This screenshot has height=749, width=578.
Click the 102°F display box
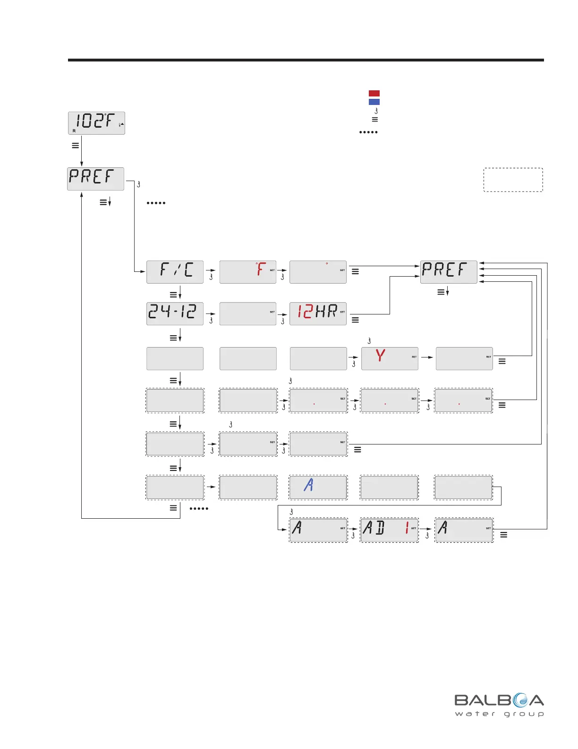[96, 123]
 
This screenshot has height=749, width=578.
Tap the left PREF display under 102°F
[95, 179]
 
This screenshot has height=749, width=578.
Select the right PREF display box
[449, 272]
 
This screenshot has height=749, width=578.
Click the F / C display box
[175, 272]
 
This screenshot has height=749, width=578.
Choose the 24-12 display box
[175, 314]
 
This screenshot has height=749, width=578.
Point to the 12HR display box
[318, 314]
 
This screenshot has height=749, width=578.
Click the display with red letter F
[248, 272]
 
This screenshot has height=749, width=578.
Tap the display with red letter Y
[390, 358]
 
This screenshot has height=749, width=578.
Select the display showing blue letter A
[318, 487]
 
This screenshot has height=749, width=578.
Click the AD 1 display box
[389, 530]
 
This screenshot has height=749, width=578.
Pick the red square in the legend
[374, 93]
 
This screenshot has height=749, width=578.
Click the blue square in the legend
[374, 102]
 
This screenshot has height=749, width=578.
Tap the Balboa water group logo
[499, 705]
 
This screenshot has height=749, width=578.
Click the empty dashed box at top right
[513, 180]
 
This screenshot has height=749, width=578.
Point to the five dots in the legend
[368, 132]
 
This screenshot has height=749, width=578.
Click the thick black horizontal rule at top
[306, 60]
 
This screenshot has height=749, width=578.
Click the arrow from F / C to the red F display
[211, 270]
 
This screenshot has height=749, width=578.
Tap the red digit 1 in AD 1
[407, 528]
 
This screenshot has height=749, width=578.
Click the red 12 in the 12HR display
[305, 312]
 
